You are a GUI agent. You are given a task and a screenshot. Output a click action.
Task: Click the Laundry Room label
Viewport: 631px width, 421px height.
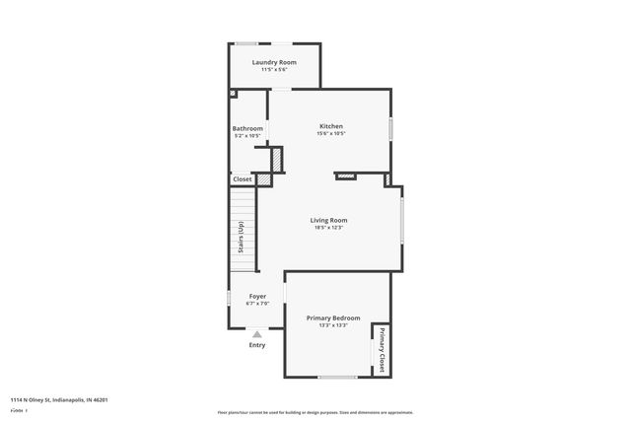click(x=273, y=62)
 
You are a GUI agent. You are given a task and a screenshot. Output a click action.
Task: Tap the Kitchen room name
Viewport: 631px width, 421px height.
click(x=330, y=126)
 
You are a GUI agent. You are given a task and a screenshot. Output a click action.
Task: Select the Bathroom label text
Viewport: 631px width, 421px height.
click(x=247, y=128)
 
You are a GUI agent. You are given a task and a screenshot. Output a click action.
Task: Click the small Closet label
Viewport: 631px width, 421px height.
click(x=242, y=179)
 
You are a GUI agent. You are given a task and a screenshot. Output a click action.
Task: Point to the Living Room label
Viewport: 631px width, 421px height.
click(x=328, y=220)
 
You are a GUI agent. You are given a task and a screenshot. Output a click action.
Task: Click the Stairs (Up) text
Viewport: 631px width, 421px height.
click(x=241, y=243)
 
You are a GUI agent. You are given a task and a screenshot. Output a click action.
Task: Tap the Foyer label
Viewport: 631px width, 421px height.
click(x=256, y=296)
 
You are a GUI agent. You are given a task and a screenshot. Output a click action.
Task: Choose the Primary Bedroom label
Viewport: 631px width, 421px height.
click(x=332, y=317)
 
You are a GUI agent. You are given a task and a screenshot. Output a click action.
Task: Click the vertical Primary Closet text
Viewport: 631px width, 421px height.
click(x=381, y=348)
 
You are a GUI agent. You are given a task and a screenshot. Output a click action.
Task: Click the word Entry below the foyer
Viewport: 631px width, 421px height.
click(x=256, y=345)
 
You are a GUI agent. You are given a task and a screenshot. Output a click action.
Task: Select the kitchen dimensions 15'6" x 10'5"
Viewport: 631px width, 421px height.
click(x=330, y=134)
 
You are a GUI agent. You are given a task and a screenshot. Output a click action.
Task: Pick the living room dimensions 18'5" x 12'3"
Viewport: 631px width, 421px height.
click(x=328, y=228)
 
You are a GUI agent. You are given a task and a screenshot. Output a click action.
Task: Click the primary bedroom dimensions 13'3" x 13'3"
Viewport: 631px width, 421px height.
click(x=332, y=325)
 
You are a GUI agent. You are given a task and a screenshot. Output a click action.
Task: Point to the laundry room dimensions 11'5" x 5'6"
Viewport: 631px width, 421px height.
click(x=273, y=70)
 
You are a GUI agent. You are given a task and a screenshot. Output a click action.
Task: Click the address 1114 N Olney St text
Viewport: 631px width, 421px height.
click(x=59, y=399)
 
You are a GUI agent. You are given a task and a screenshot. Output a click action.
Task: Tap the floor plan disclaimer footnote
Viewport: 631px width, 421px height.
click(x=315, y=412)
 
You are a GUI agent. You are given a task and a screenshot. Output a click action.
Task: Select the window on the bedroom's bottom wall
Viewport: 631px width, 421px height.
click(x=336, y=377)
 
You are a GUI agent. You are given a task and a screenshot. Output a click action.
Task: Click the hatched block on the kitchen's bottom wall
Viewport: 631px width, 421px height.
click(x=345, y=176)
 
